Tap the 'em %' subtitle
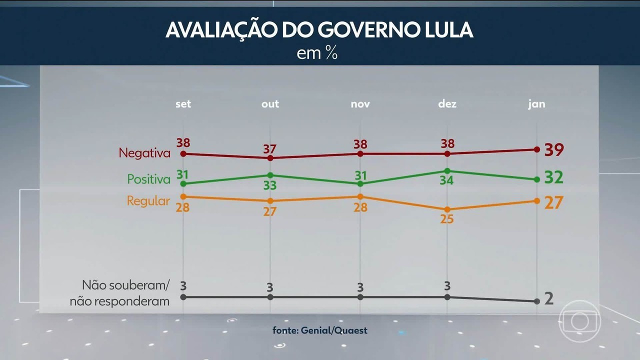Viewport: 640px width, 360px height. [x=317, y=53]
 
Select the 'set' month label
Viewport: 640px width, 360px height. [x=183, y=104]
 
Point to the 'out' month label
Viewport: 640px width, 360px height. [x=270, y=104]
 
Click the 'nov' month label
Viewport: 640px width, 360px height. [x=360, y=104]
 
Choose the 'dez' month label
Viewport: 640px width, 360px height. [x=447, y=104]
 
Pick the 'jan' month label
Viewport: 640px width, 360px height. [x=536, y=104]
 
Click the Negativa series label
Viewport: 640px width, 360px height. [x=144, y=153]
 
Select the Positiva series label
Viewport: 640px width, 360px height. [x=148, y=179]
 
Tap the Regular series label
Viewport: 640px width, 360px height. [x=148, y=201]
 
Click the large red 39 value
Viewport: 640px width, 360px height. [x=554, y=149]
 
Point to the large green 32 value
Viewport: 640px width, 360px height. [x=554, y=177]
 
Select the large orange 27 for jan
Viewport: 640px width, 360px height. [x=554, y=202]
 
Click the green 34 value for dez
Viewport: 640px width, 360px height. [x=446, y=180]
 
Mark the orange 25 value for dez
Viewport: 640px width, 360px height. [x=446, y=218]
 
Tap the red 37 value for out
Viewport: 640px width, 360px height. [x=270, y=148]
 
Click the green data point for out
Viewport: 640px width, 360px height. [x=270, y=175]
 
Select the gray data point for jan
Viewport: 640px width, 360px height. [x=536, y=301]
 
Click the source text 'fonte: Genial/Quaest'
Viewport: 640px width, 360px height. [x=320, y=330]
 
